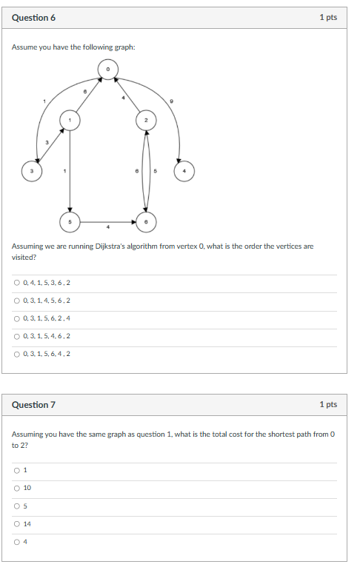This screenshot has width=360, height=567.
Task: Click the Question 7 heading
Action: (33, 405)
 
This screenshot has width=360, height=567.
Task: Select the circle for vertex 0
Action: (107, 69)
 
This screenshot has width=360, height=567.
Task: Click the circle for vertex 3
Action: (31, 171)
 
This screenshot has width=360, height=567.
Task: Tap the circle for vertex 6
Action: (146, 221)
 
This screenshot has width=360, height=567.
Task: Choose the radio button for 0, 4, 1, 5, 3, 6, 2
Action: (16, 283)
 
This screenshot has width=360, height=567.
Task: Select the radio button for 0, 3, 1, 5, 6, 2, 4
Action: (16, 318)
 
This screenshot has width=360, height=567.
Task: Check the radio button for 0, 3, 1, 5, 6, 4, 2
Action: (16, 354)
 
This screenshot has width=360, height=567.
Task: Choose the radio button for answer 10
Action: (16, 488)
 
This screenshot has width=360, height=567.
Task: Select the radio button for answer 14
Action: (16, 524)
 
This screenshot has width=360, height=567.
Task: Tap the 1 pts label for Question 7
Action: (328, 405)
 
